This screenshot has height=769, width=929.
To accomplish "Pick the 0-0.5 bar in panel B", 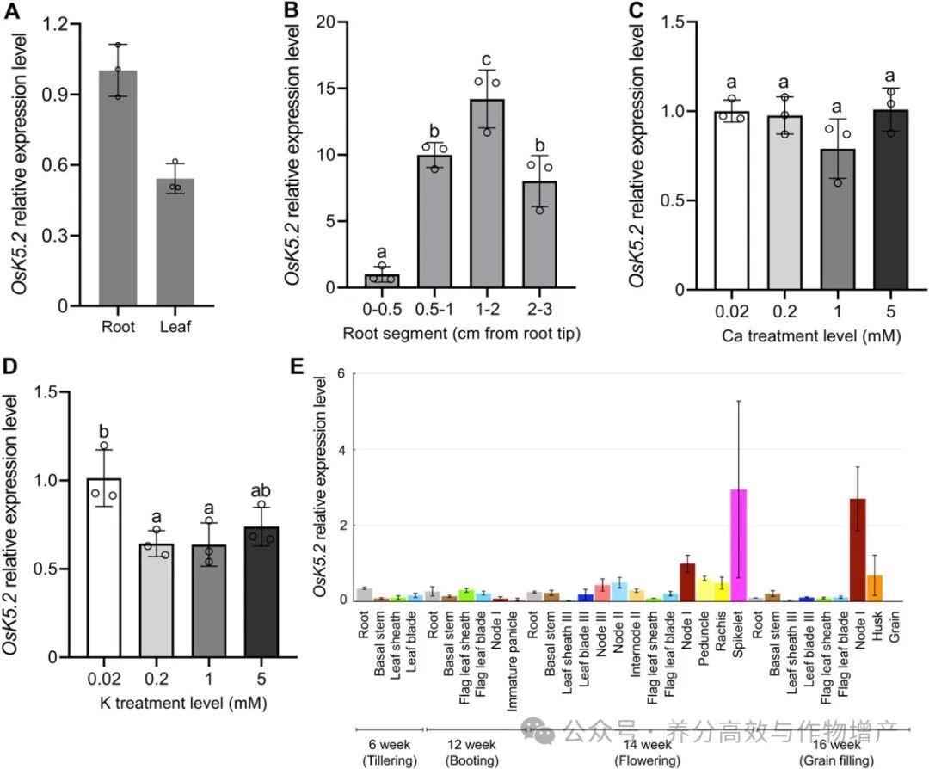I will coord(381,281).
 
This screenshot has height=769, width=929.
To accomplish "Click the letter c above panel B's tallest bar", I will coord(487,59).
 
